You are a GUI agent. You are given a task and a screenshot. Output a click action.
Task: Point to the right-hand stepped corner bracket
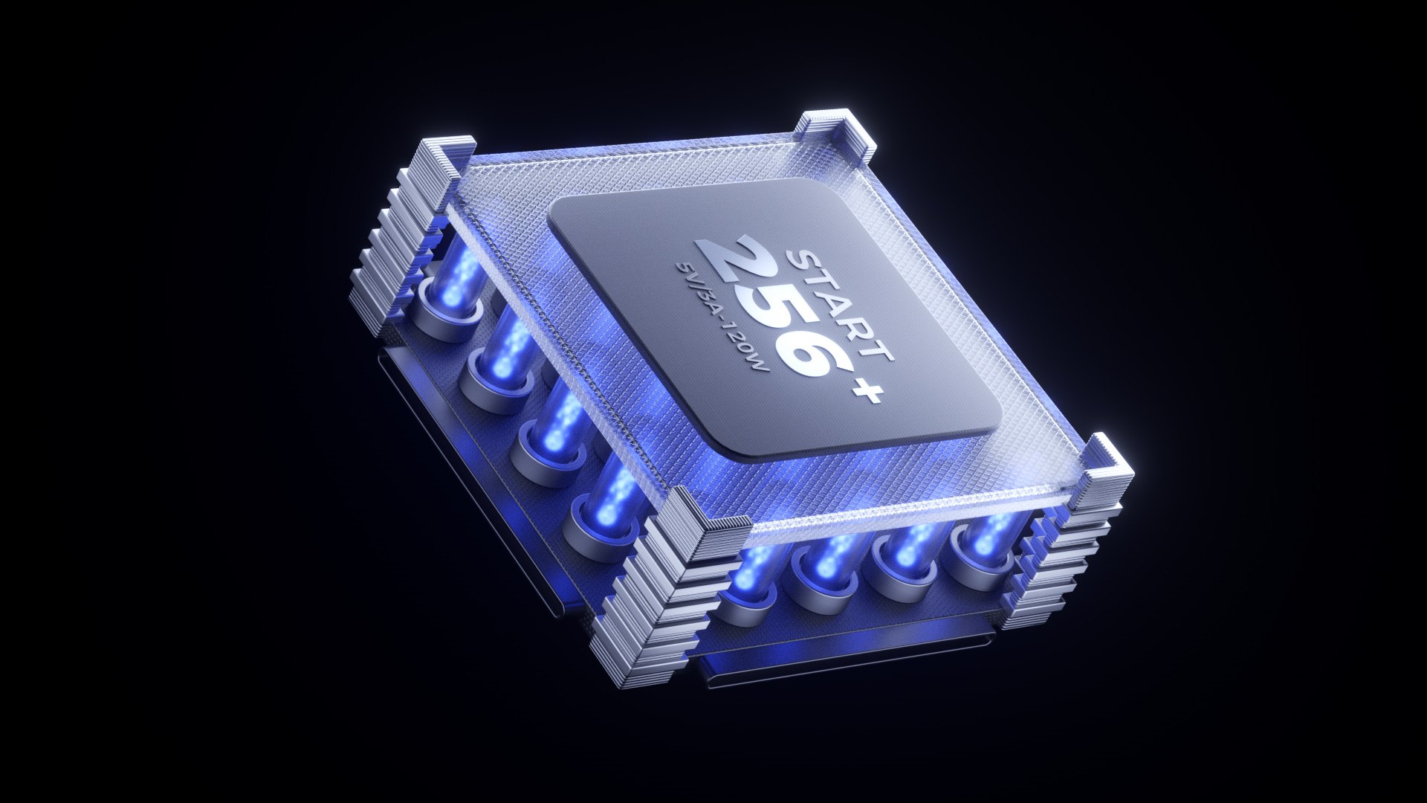pyautogui.click(x=1078, y=520)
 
